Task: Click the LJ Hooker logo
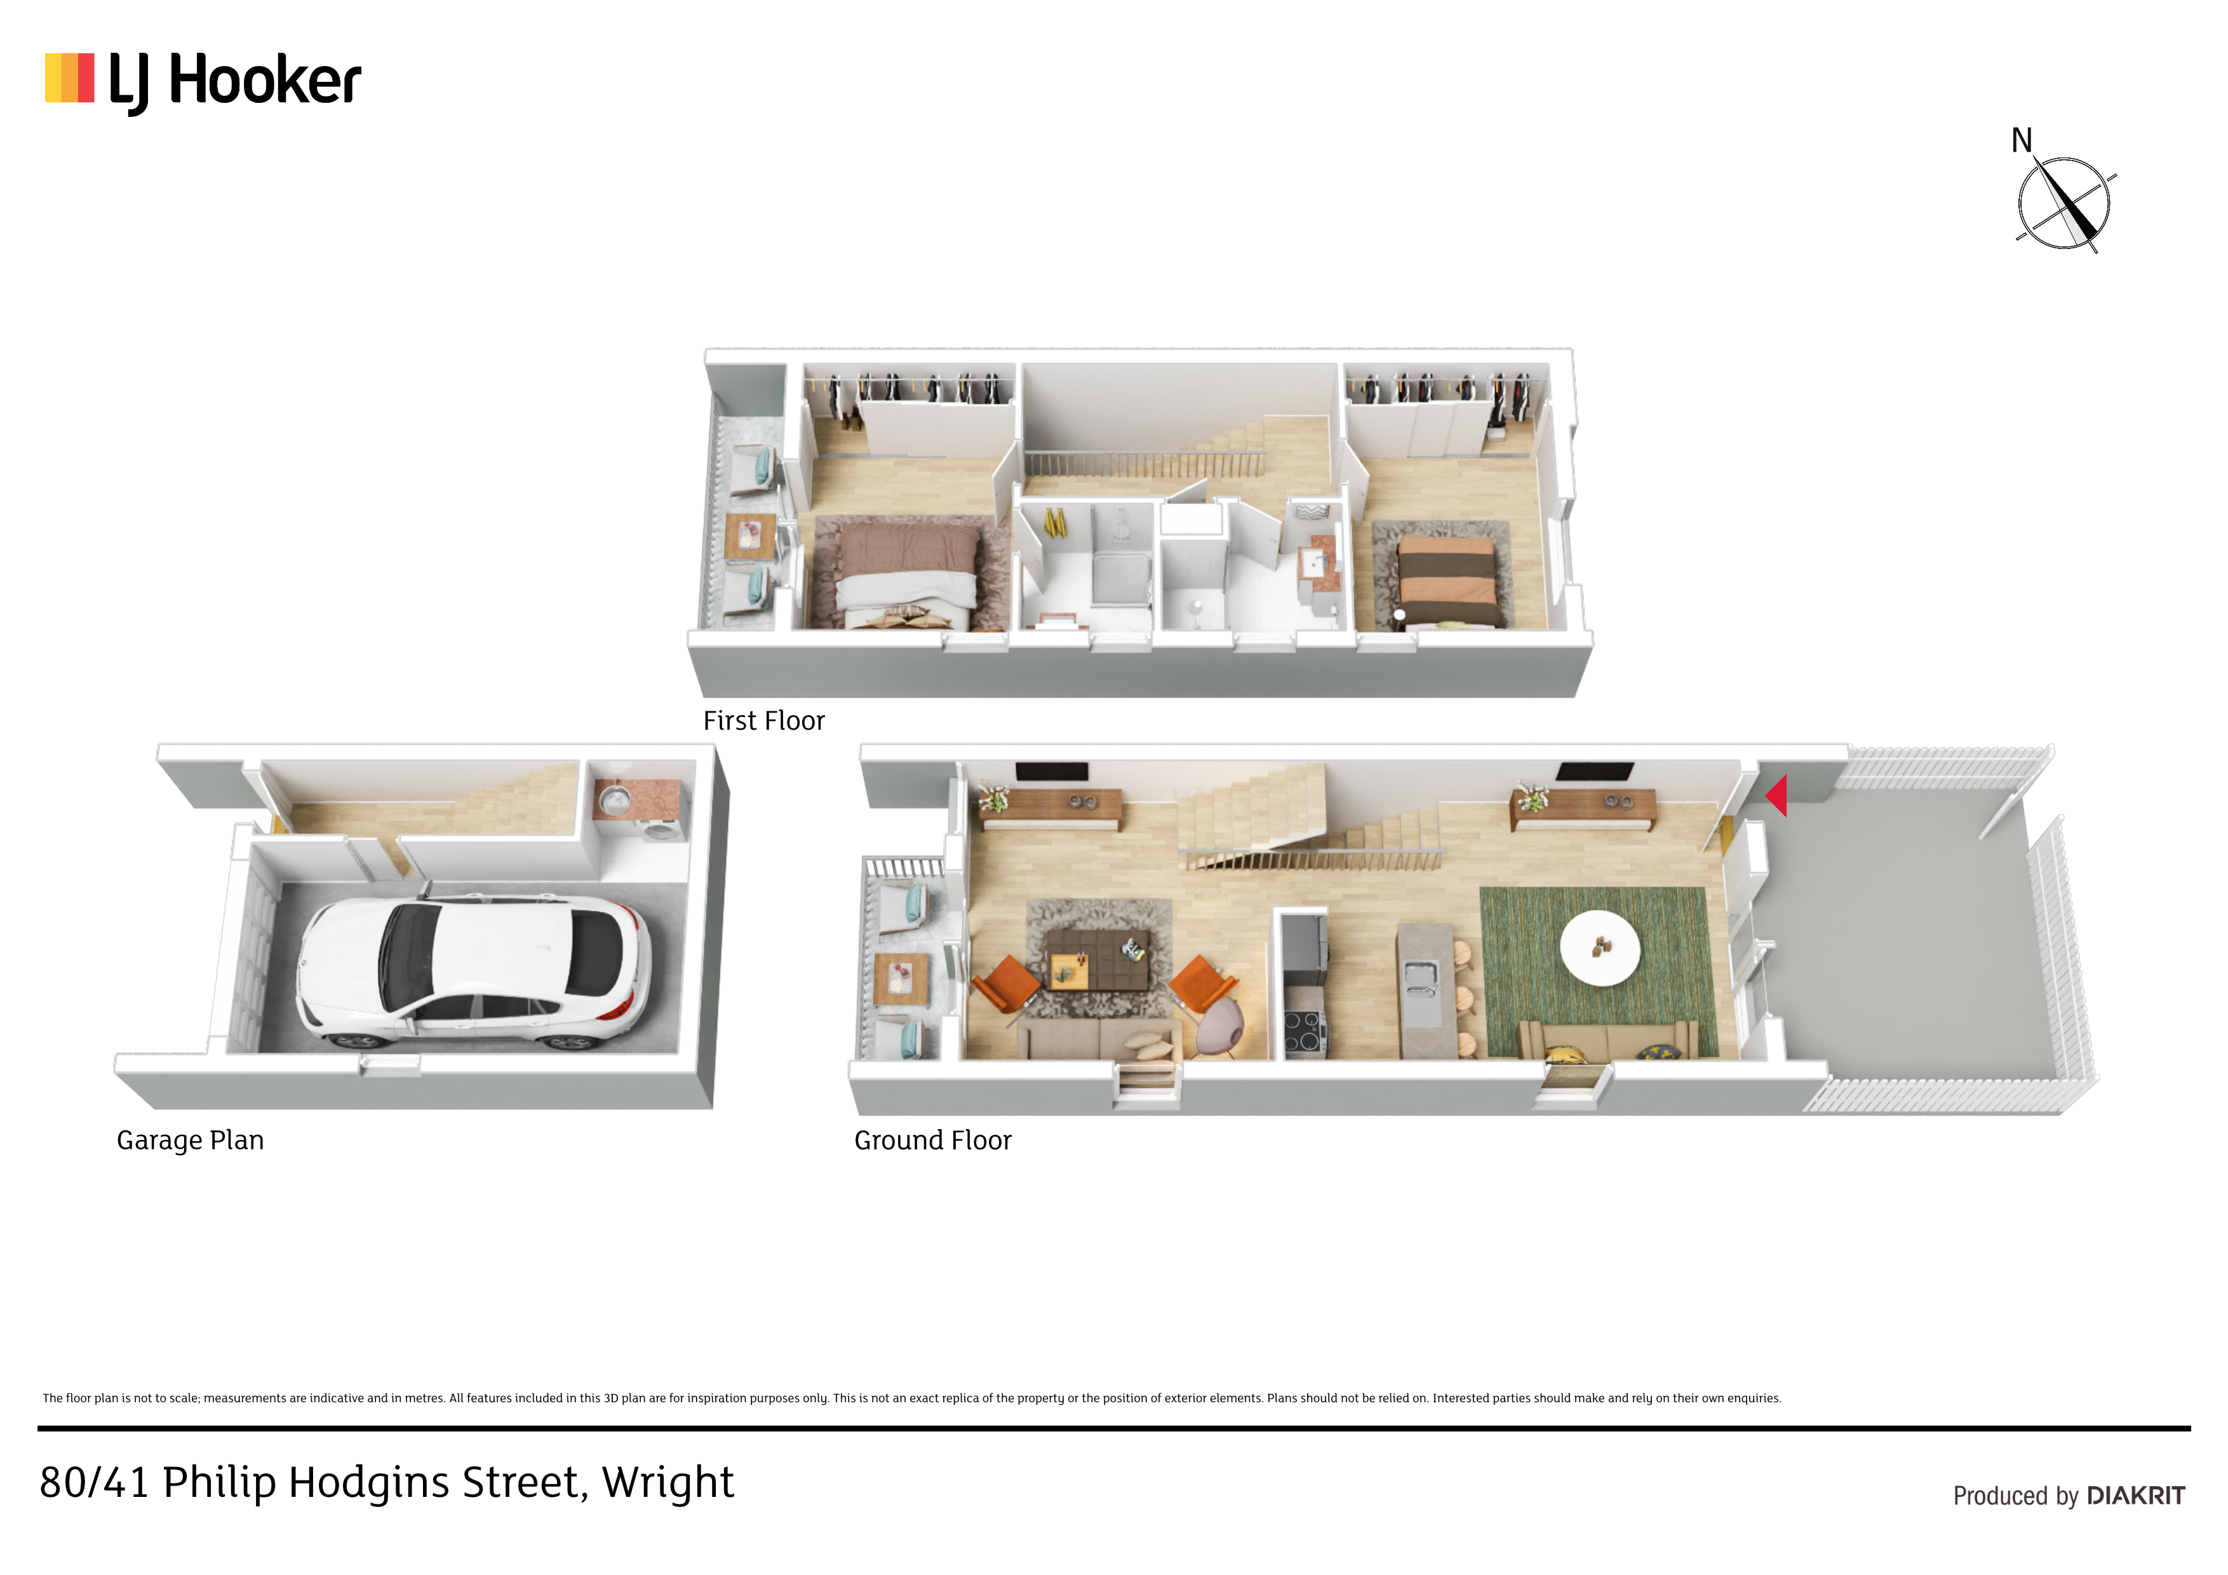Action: (203, 81)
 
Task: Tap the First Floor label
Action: (763, 721)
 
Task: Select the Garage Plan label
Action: (190, 1140)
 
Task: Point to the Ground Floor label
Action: (932, 1140)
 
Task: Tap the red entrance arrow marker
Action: (1776, 796)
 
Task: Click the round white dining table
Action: (1599, 947)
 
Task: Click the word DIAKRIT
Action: (2136, 1496)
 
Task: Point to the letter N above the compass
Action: (2022, 141)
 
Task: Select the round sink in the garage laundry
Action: (614, 801)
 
